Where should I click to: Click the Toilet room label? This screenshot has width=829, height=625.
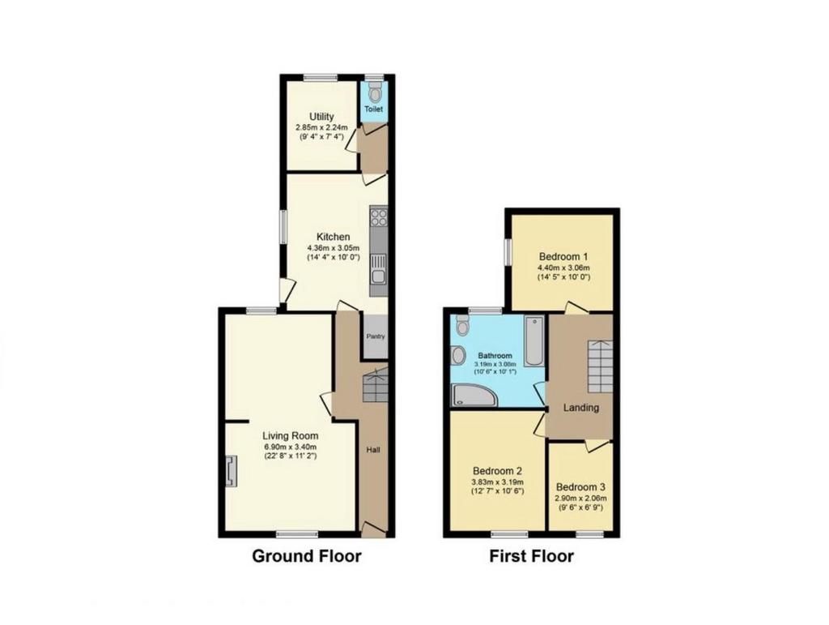[374, 109]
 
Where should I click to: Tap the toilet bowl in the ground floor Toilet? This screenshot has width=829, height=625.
[375, 93]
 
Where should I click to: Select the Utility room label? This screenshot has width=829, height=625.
[321, 117]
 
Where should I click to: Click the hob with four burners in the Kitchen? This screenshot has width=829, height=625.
[379, 217]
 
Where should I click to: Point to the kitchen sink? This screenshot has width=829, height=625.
[379, 271]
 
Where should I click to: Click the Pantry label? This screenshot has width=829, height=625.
[376, 336]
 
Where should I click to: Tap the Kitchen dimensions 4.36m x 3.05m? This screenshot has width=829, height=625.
[333, 248]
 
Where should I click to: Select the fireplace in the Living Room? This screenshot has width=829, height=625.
[231, 472]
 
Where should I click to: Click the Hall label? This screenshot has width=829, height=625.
[374, 451]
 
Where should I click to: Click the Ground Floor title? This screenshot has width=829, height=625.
[307, 556]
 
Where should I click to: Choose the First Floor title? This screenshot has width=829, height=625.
[531, 556]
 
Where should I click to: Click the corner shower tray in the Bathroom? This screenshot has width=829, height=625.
[474, 395]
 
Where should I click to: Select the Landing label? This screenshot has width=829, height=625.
[581, 408]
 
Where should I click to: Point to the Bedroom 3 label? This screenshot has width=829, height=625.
[580, 487]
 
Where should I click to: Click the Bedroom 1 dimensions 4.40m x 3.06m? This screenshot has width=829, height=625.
[563, 268]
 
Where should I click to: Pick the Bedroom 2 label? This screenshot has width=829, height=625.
[498, 470]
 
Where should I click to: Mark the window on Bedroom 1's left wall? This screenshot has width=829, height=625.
[507, 252]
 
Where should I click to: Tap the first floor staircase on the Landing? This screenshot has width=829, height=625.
[601, 366]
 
